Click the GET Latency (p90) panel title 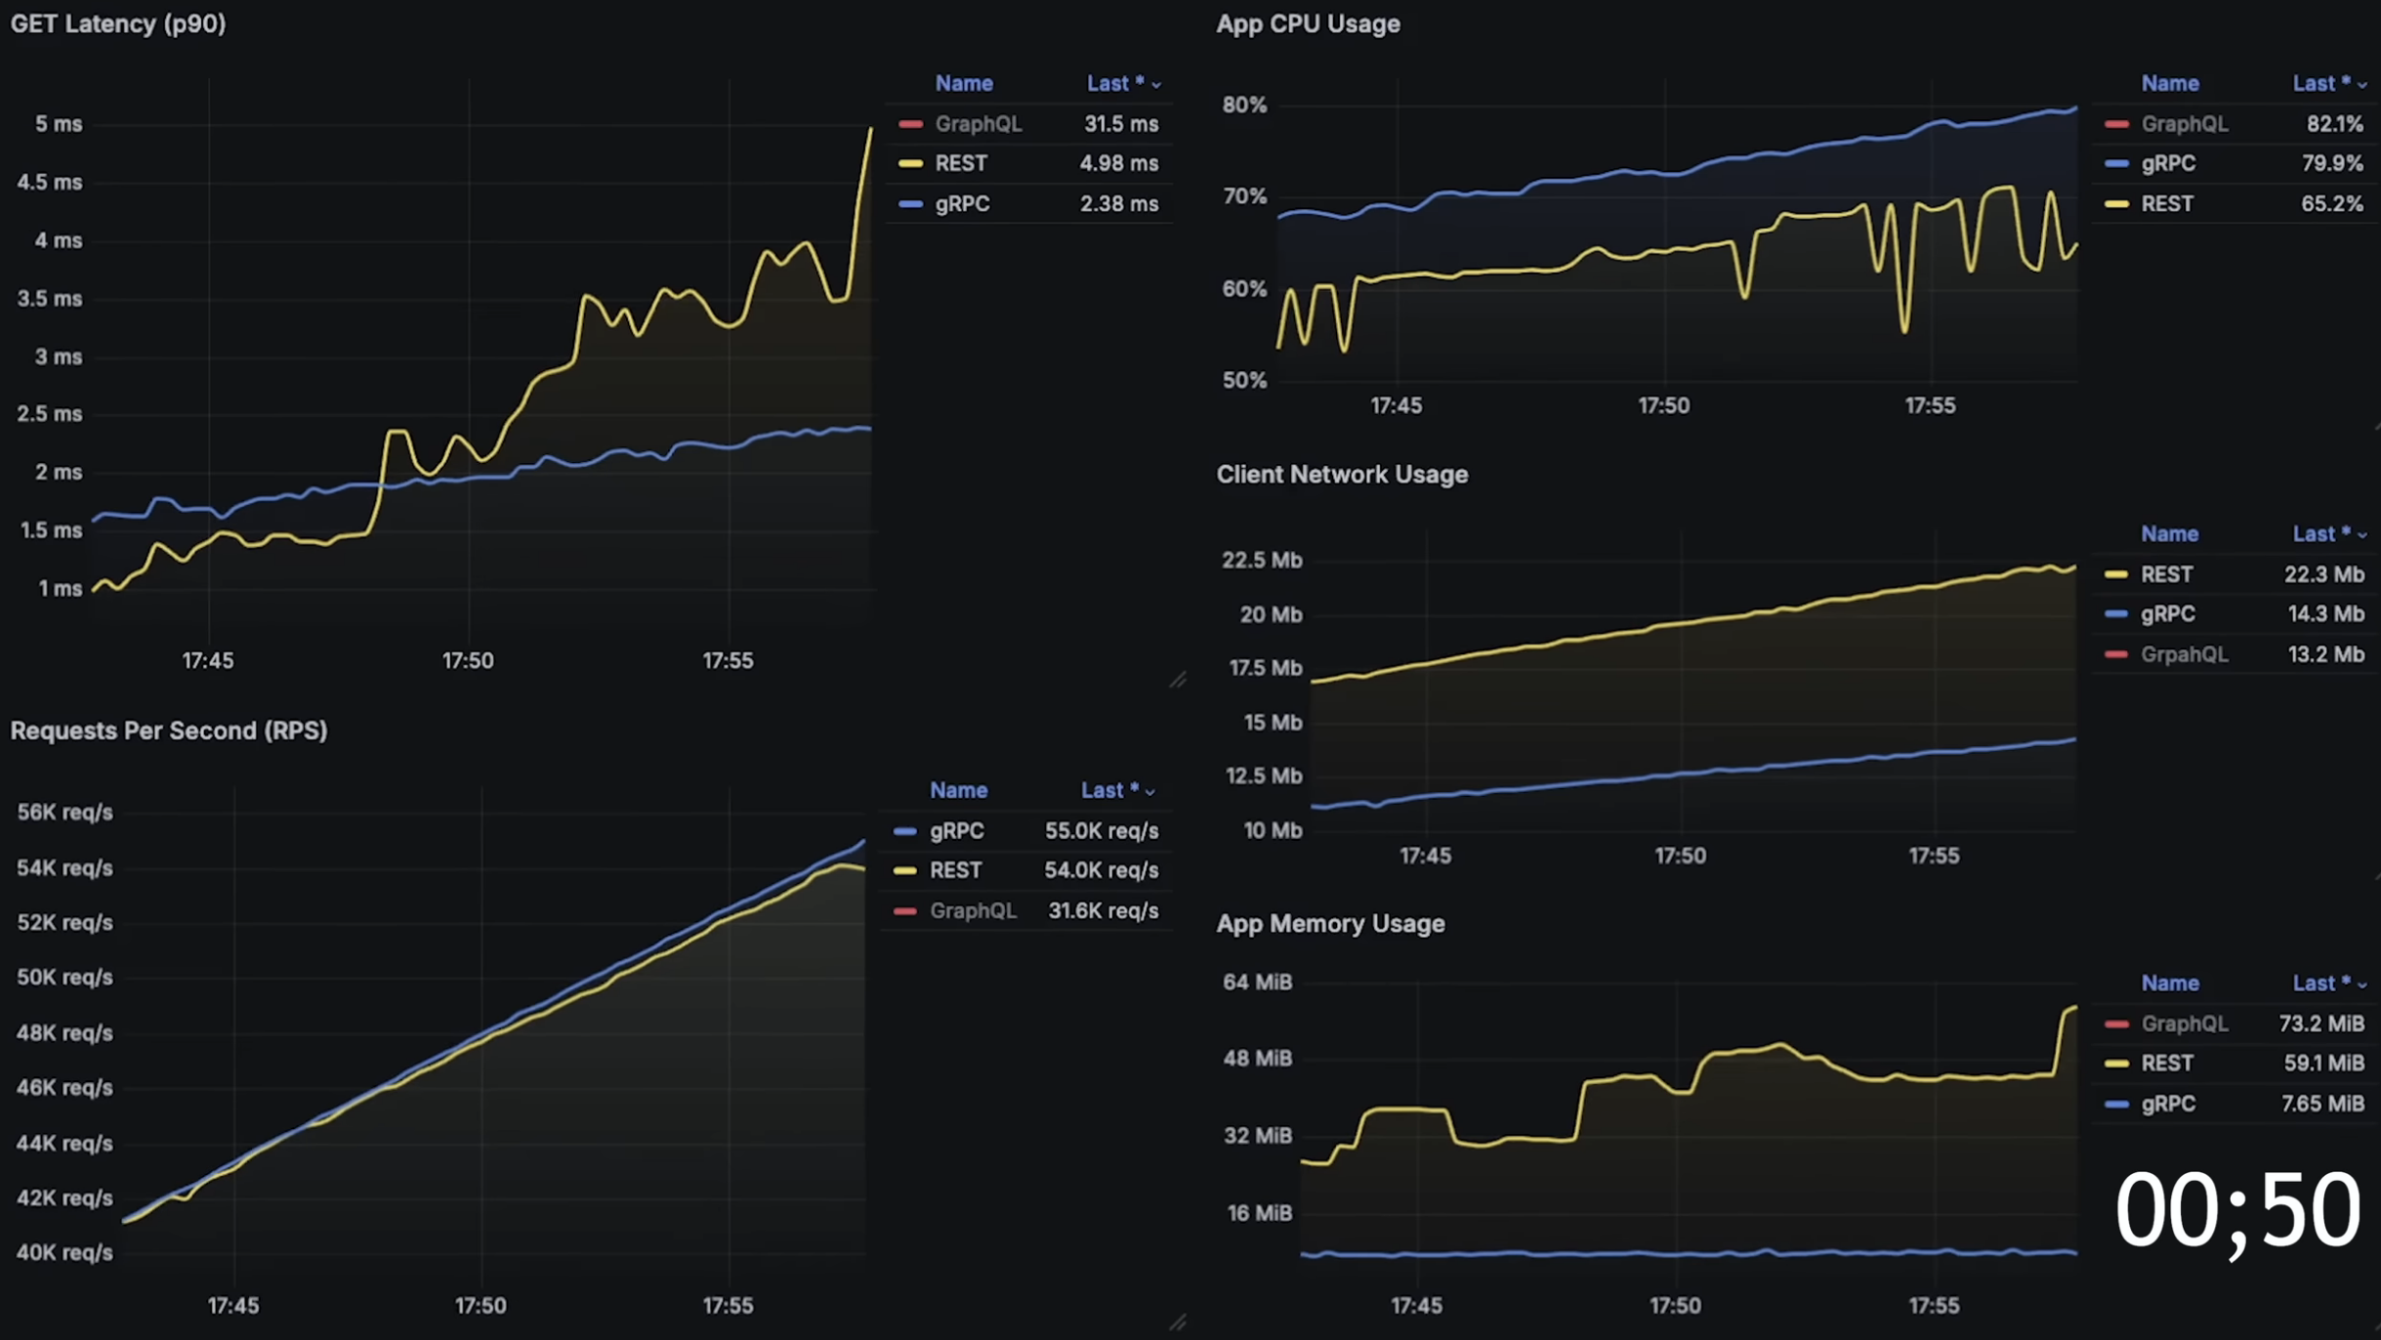click(118, 23)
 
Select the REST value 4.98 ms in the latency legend click(1118, 163)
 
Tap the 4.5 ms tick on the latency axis click(50, 183)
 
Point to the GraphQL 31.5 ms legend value click(1120, 124)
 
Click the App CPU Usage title click(1308, 23)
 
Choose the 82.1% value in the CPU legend click(2334, 124)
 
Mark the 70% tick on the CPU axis click(1244, 196)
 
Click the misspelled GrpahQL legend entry click(2184, 654)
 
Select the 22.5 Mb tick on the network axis click(1261, 560)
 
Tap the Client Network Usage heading click(1342, 474)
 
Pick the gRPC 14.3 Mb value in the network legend click(2325, 614)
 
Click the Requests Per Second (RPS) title click(169, 731)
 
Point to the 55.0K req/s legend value click(1101, 831)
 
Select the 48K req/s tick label click(64, 1032)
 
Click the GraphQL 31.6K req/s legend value click(1103, 911)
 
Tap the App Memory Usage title click(1330, 923)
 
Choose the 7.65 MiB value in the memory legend click(2322, 1104)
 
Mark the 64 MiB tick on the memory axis click(1257, 982)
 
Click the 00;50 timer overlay click(2236, 1211)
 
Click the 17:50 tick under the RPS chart click(480, 1306)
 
